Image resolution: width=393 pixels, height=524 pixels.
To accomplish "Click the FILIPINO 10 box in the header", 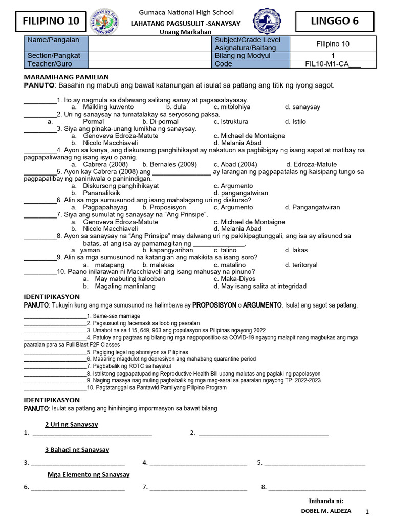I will [x=51, y=21].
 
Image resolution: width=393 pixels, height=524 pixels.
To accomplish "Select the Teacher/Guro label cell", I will [x=56, y=64].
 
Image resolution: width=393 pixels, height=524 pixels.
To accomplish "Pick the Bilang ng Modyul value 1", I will [x=333, y=56].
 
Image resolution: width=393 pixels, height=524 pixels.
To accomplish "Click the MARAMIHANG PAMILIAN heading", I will [x=67, y=76].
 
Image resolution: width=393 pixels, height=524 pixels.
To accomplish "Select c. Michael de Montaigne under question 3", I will [x=249, y=136].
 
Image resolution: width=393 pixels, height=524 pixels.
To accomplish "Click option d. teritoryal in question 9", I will [x=301, y=265].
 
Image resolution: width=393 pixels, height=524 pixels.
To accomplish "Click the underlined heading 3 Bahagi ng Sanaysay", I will [x=77, y=450].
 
